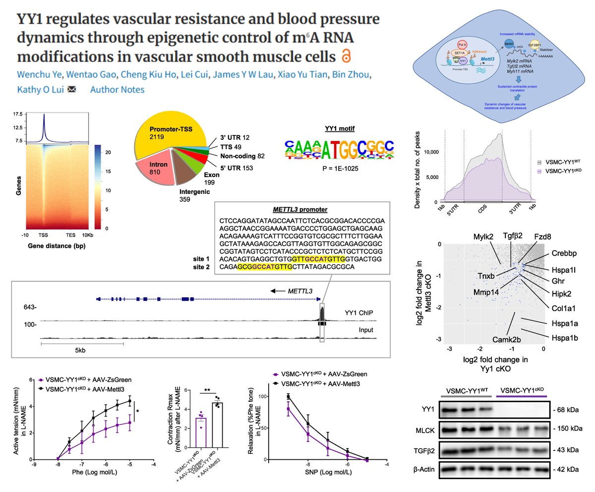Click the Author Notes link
(x=118, y=90)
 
